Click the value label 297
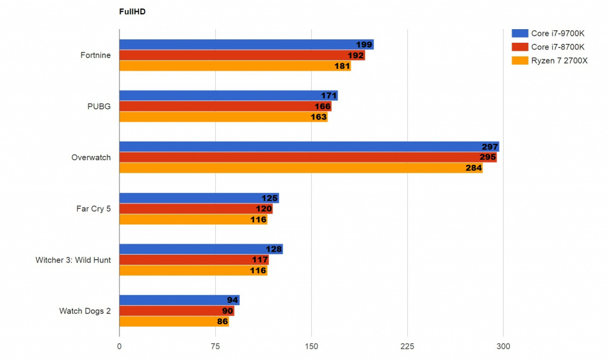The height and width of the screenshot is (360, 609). (x=489, y=147)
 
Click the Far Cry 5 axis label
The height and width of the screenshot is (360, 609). (x=93, y=209)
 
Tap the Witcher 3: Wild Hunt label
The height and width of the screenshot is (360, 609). (x=73, y=260)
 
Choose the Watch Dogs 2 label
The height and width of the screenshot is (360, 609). (x=85, y=311)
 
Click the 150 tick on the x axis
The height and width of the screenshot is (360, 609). (x=311, y=347)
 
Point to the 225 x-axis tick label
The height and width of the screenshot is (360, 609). (x=407, y=347)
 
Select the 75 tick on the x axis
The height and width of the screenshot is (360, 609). (x=215, y=347)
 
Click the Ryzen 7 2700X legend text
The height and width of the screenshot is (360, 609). (x=559, y=60)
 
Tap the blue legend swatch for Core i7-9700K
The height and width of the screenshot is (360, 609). (x=519, y=33)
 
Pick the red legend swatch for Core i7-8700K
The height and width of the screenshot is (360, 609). (x=519, y=46)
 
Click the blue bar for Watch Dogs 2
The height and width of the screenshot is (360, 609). (x=179, y=300)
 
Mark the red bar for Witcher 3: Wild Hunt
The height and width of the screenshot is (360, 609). (x=194, y=260)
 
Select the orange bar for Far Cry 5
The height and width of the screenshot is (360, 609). (x=193, y=220)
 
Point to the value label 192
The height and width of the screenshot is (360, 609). (x=356, y=56)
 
